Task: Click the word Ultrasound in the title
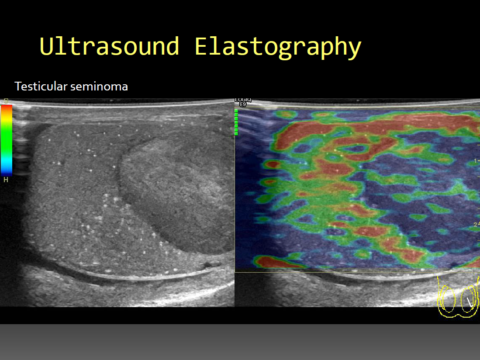[x=109, y=46]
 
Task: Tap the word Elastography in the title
[x=278, y=48]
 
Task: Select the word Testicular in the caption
[x=41, y=87]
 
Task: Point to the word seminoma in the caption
[x=99, y=87]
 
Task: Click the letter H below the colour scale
[x=6, y=180]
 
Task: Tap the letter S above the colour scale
[x=6, y=101]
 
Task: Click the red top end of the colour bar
[x=7, y=108]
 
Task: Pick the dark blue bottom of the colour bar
[x=7, y=172]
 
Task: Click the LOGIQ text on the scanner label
[x=243, y=100]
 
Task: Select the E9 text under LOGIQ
[x=243, y=104]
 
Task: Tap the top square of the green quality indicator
[x=236, y=111]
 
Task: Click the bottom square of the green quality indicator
[x=236, y=133]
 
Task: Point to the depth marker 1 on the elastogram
[x=475, y=161]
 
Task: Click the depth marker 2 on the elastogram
[x=475, y=225]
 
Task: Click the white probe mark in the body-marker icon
[x=469, y=302]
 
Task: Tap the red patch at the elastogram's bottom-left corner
[x=273, y=262]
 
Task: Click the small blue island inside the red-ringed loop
[x=355, y=149]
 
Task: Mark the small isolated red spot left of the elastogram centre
[x=272, y=165]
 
